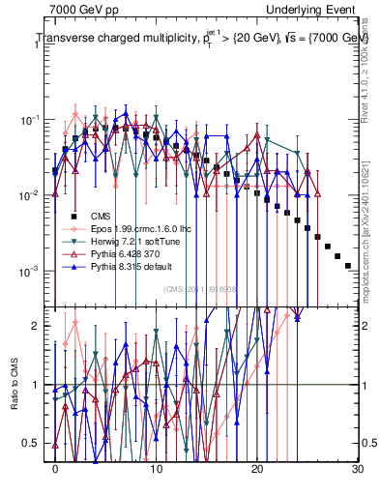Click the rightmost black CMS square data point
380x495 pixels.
pyautogui.click(x=348, y=265)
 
